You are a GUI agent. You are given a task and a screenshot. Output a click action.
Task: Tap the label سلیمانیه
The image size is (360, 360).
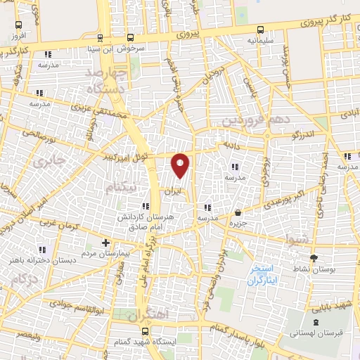[x=259, y=41]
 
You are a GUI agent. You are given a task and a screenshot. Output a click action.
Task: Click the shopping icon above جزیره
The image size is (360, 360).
[x=238, y=212]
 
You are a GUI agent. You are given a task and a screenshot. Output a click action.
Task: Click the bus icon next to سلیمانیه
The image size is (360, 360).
[x=262, y=30]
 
